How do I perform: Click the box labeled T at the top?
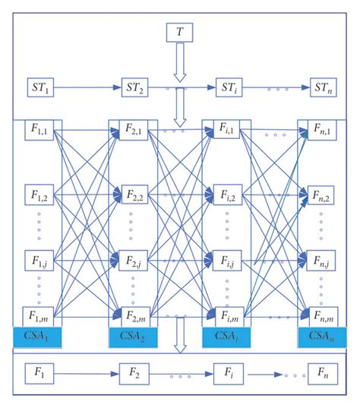pyautogui.click(x=179, y=33)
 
